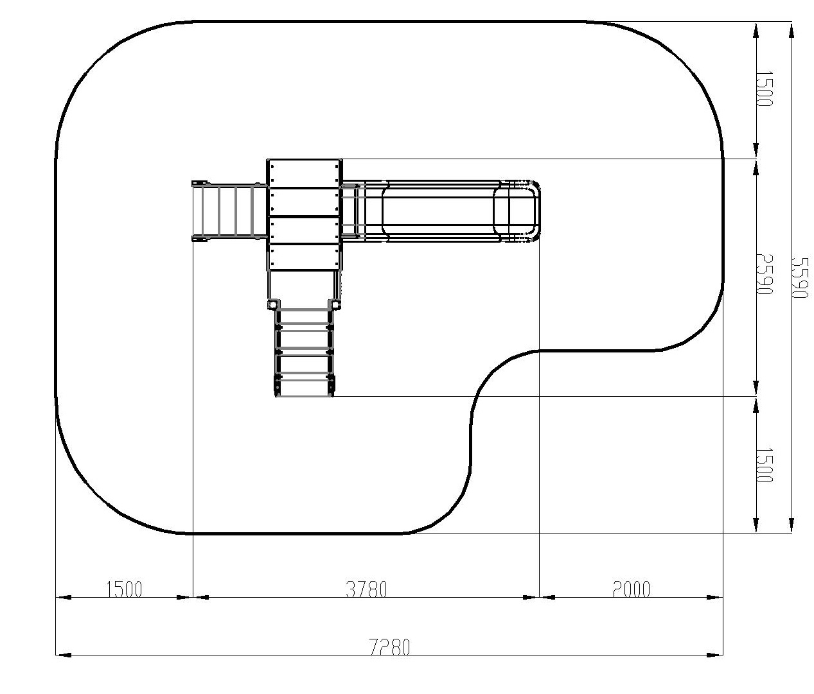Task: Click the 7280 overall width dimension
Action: [390, 647]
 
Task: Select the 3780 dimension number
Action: [366, 589]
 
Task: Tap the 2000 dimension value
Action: [632, 589]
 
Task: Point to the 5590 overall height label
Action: [800, 278]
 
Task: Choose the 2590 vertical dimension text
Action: [765, 274]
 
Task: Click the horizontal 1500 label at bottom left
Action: [125, 589]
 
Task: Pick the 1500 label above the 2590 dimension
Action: [765, 89]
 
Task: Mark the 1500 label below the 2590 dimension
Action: [765, 465]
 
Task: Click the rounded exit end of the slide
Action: [524, 211]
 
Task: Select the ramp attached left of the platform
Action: [229, 211]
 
